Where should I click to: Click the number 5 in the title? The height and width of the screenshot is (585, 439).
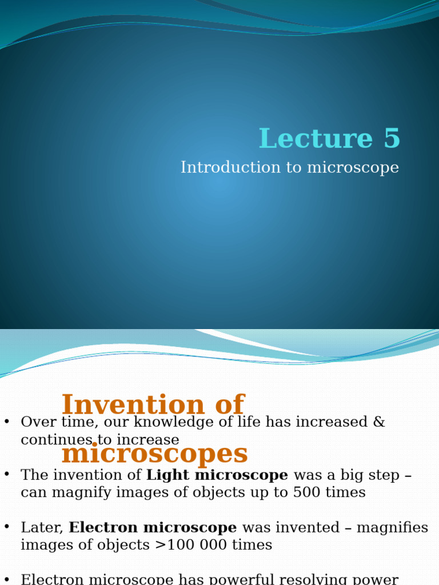pos(392,139)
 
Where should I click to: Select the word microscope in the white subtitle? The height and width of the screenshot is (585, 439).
pos(353,168)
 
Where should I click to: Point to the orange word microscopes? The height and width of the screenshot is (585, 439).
pos(154,454)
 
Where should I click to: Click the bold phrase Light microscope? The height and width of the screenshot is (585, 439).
pos(217,475)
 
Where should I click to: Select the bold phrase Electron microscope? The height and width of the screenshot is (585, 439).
pos(153,527)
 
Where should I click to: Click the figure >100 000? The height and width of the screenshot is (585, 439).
pos(190,545)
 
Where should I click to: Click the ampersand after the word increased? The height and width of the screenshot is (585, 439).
pos(380,422)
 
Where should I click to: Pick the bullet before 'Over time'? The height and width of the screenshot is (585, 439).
pos(7,422)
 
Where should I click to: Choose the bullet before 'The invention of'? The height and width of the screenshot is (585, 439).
pos(7,474)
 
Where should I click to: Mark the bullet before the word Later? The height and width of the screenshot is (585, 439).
pos(7,527)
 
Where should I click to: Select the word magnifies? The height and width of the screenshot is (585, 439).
pos(393,527)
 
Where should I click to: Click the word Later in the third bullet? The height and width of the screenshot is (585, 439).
pos(42,527)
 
